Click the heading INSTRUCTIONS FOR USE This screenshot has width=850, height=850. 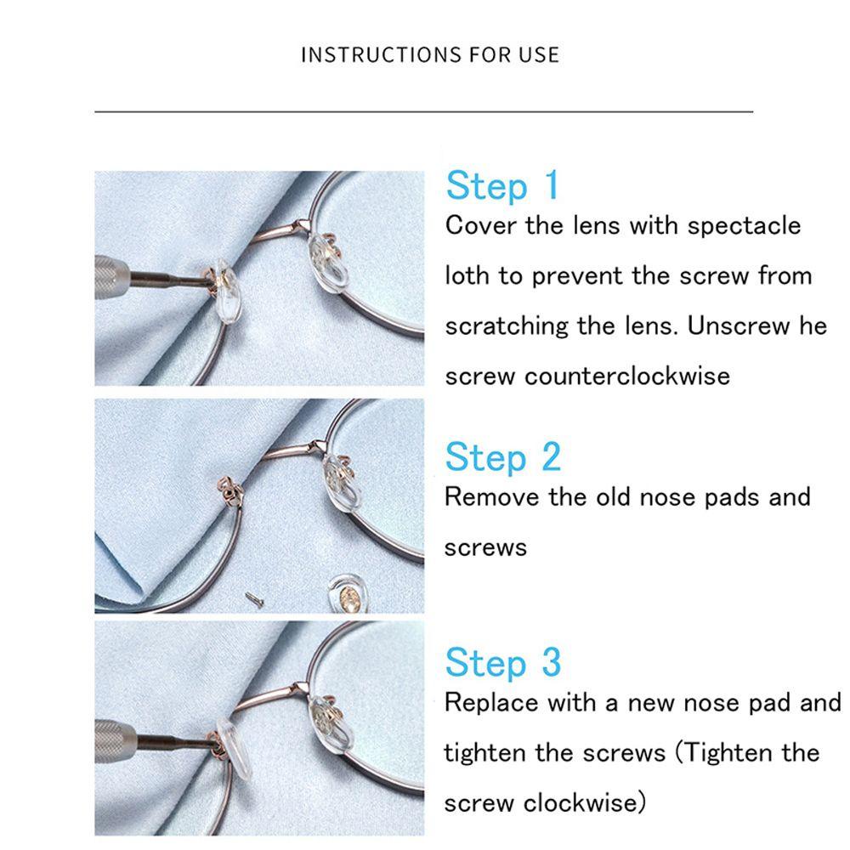(x=430, y=54)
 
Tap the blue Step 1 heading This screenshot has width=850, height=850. (x=502, y=186)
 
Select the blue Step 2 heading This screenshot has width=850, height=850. (x=503, y=457)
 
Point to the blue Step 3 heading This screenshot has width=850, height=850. (x=503, y=662)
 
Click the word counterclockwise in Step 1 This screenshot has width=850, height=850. (x=627, y=377)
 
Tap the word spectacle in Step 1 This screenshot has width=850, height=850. (x=744, y=225)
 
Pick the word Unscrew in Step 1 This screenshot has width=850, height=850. (x=738, y=326)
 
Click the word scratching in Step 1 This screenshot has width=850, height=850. (x=507, y=326)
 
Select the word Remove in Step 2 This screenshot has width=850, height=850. (x=491, y=497)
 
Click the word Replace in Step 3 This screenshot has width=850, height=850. (x=491, y=703)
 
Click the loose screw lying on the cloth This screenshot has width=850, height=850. (x=253, y=598)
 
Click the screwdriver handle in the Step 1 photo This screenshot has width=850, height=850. (x=111, y=276)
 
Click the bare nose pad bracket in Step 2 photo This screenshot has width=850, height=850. (x=229, y=490)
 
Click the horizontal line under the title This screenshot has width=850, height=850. (x=424, y=111)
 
